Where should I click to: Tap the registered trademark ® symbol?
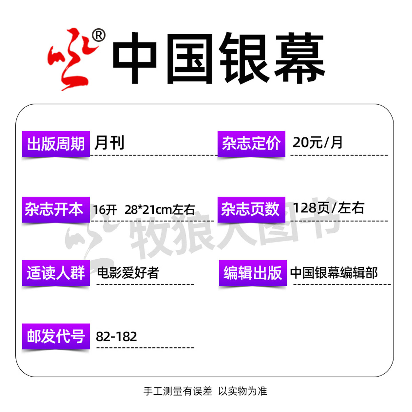(x=98, y=36)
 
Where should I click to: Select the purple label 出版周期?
(x=56, y=144)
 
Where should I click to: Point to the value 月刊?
(x=109, y=143)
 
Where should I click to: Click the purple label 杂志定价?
(x=251, y=144)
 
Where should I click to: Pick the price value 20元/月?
(x=317, y=142)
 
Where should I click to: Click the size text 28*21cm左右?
(x=160, y=210)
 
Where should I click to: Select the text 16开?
(x=105, y=210)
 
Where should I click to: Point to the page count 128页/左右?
(x=328, y=208)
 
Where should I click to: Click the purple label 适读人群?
(x=56, y=273)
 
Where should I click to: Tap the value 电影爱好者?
(x=128, y=273)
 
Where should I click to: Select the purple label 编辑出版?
(x=253, y=273)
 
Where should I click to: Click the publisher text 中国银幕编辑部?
(x=334, y=273)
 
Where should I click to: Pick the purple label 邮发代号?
(x=56, y=336)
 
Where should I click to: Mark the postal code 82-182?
(x=116, y=337)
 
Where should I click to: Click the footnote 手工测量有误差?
(x=178, y=391)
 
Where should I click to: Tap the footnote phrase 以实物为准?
(x=243, y=391)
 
